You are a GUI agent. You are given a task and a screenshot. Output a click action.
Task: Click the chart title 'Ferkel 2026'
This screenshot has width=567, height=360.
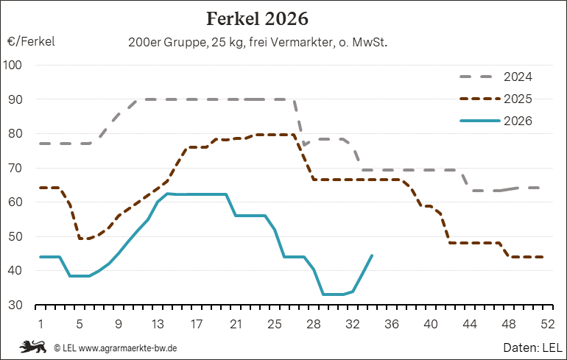(257, 19)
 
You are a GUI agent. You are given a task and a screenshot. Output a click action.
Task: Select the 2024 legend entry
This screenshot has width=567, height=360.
(496, 77)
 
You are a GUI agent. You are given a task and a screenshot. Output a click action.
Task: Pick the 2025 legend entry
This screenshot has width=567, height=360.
(496, 99)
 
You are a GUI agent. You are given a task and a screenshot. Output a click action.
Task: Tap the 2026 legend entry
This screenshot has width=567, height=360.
(496, 121)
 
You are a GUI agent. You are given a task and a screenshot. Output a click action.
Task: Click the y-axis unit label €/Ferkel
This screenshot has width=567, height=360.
(31, 41)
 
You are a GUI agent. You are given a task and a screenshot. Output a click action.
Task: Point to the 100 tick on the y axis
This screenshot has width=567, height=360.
(13, 65)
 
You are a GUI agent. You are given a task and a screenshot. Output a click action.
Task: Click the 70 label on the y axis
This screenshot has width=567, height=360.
(15, 168)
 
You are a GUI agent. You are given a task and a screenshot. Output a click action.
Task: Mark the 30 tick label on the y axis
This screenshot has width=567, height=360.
(15, 305)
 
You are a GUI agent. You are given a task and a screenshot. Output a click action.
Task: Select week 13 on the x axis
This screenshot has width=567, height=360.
(158, 324)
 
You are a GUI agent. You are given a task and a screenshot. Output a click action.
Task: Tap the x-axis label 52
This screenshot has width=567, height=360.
(547, 324)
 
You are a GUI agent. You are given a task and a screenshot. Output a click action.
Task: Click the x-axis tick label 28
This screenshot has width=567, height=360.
(314, 324)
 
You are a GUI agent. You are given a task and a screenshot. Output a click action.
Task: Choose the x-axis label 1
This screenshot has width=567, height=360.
(40, 324)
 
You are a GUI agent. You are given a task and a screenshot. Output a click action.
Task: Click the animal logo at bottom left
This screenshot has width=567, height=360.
(32, 347)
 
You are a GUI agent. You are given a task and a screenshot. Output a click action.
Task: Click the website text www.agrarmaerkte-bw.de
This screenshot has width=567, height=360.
(127, 348)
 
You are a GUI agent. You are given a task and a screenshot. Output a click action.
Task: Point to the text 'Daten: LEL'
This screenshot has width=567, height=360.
(532, 347)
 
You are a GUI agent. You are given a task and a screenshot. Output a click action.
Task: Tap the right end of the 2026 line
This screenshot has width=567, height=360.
(372, 255)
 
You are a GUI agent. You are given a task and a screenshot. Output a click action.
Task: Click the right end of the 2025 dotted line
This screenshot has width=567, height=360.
(543, 257)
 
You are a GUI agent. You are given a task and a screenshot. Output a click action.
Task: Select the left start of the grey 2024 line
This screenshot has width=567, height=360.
(40, 144)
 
